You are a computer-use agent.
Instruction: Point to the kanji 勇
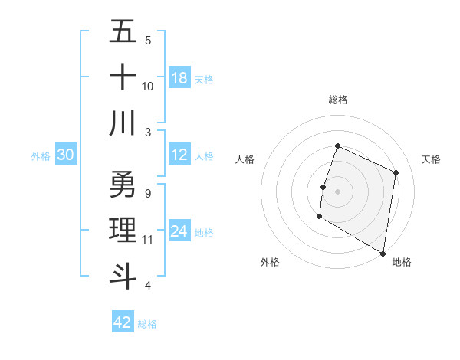click(123, 184)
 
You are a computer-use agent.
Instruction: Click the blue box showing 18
click(179, 78)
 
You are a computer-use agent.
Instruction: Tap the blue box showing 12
click(179, 155)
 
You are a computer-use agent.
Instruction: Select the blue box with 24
click(179, 231)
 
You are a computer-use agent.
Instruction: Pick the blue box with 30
click(65, 155)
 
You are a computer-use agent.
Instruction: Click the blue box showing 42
click(123, 322)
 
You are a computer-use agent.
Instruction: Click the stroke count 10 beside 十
click(148, 86)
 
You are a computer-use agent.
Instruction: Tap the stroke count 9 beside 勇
click(147, 193)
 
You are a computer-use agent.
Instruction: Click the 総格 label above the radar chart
click(337, 100)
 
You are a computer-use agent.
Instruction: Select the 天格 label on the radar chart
click(431, 159)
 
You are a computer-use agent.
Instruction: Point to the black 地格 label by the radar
click(402, 262)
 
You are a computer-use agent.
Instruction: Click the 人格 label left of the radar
click(245, 159)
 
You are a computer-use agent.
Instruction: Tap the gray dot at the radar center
click(337, 191)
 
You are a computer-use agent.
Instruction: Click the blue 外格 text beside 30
click(41, 155)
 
